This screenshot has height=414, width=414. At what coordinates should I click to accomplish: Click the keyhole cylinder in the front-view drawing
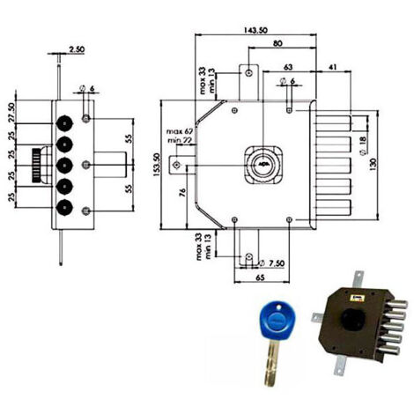point(261,164)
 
